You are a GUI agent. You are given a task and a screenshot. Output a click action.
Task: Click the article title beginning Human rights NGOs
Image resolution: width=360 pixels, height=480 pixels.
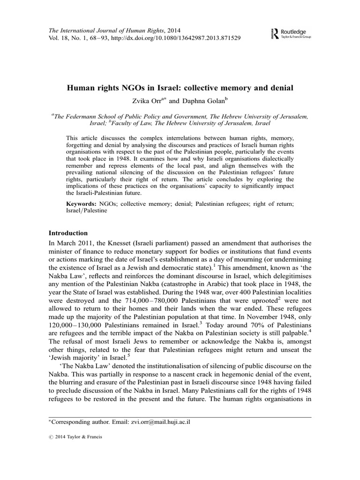point(180,88)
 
